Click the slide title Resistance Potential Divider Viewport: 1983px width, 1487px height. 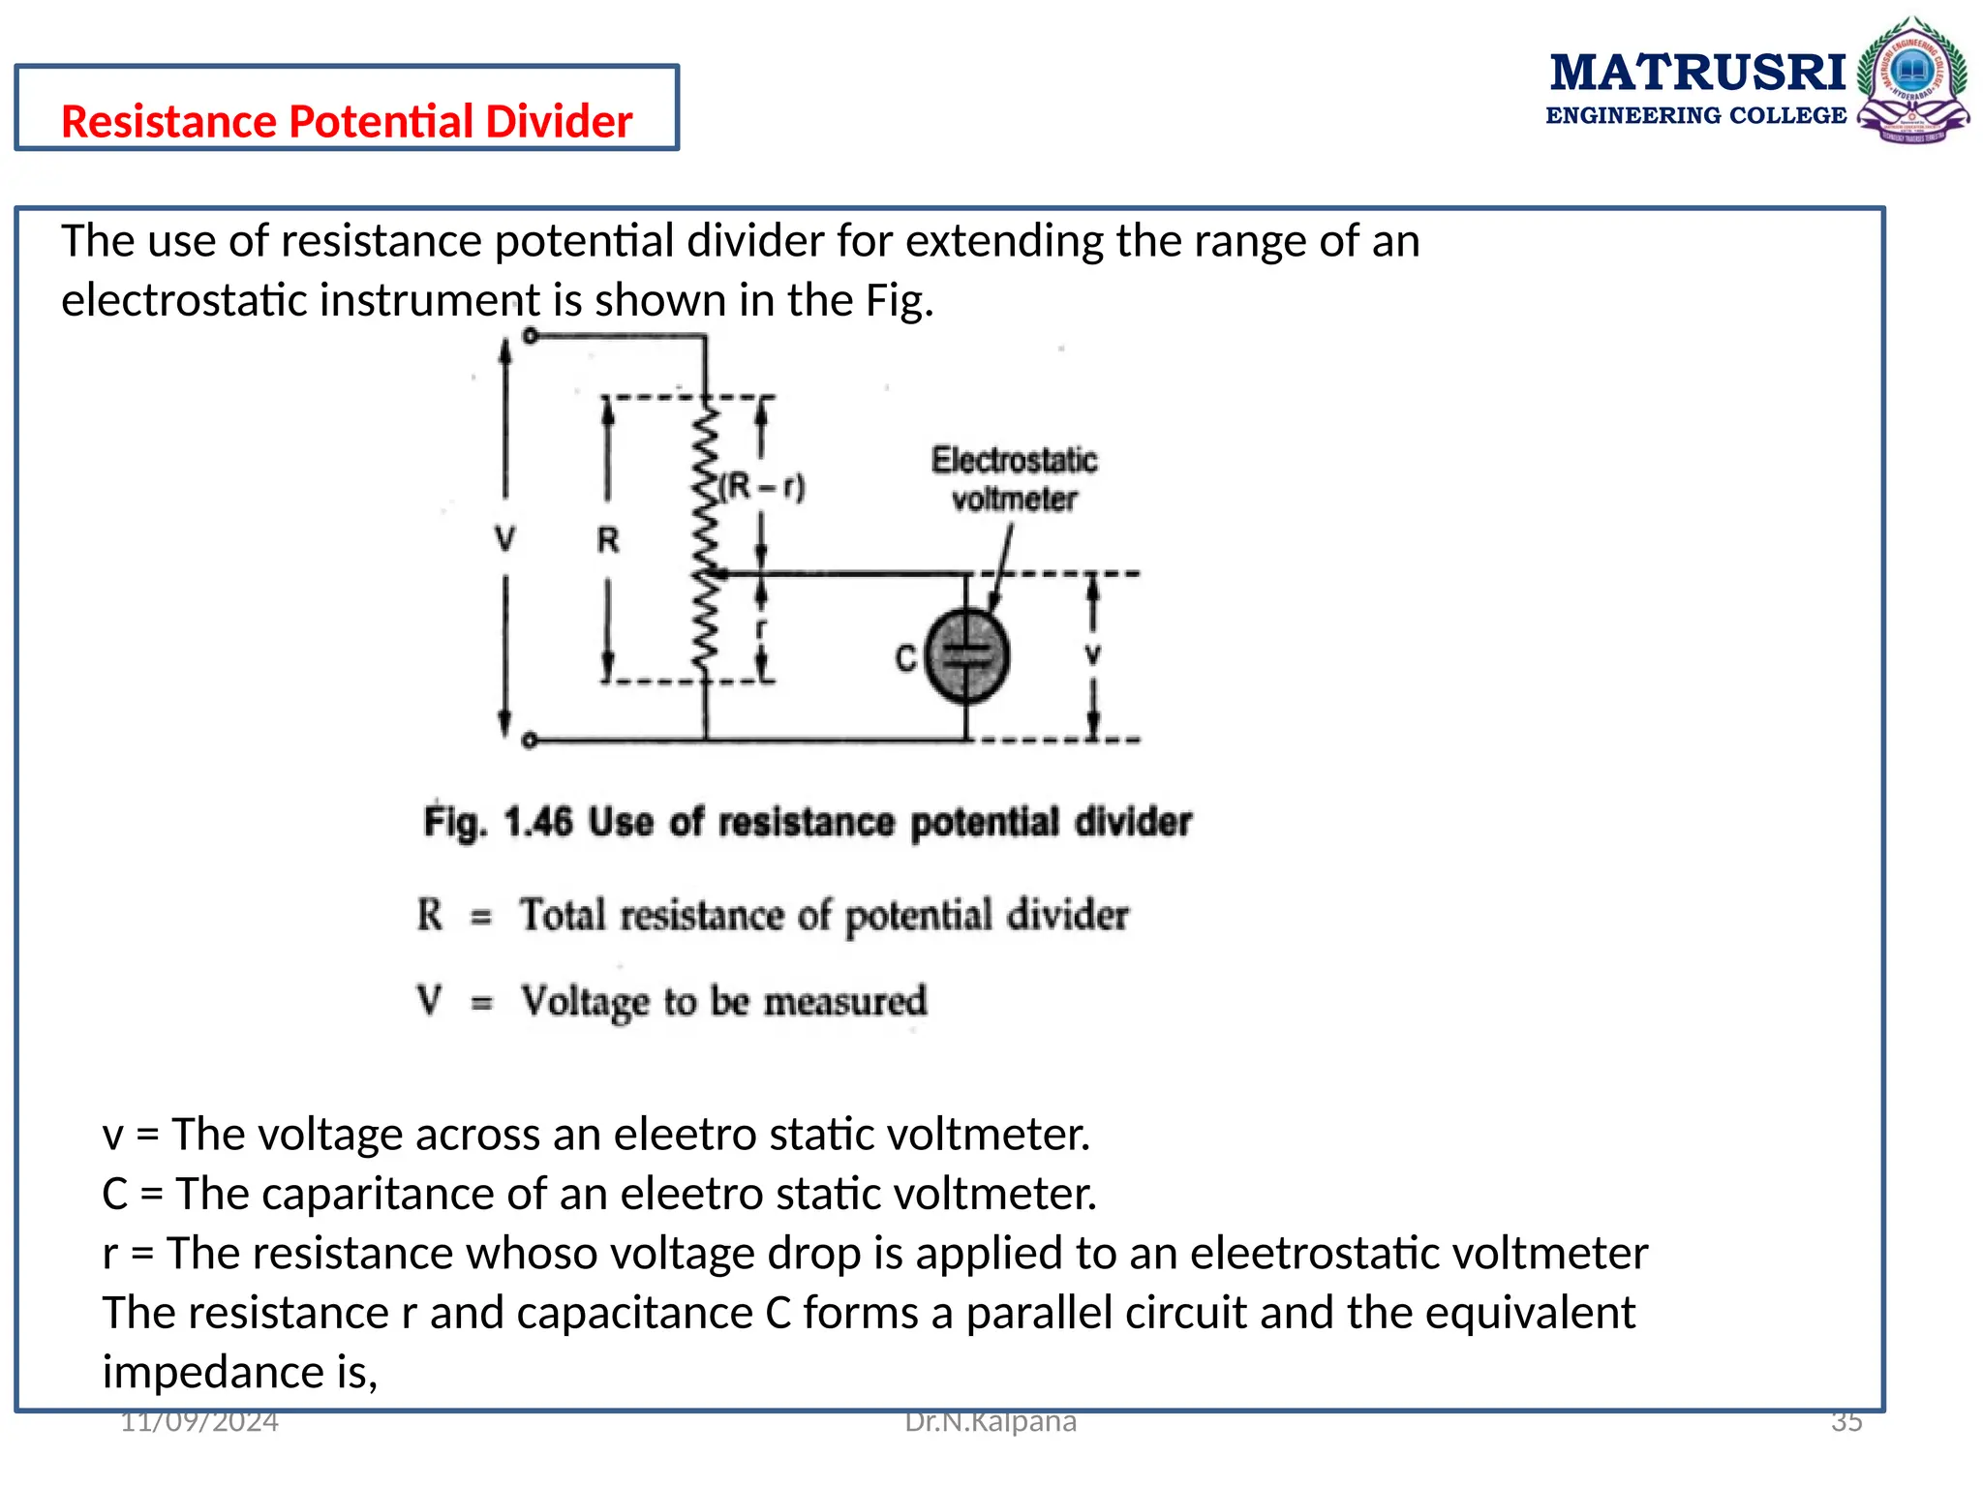346,122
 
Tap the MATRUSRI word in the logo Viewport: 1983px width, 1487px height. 1697,74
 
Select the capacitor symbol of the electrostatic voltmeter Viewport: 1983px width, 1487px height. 966,656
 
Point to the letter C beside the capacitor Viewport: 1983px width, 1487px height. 905,658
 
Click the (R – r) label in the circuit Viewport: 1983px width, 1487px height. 762,486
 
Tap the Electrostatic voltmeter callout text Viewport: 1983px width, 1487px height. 1014,479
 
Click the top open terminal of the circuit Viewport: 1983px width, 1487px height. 530,336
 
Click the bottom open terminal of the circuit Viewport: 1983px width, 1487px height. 529,741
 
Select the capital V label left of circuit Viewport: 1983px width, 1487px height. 504,538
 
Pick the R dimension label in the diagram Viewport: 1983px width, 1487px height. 607,539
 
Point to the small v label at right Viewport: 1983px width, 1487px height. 1092,655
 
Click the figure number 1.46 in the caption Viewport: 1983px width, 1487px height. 538,822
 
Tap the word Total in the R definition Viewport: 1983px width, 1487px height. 563,915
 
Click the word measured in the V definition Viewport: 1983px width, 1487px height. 845,1001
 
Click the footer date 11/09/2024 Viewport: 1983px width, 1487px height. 199,1421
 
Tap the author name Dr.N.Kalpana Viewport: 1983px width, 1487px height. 990,1421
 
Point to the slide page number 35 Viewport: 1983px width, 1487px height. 1846,1421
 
